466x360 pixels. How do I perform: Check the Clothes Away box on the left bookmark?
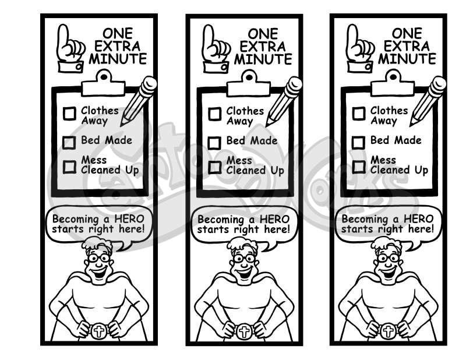point(69,114)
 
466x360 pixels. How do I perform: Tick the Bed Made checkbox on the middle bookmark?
point(214,143)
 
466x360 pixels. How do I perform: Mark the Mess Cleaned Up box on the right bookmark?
point(359,167)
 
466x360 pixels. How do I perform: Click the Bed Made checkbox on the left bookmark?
point(69,142)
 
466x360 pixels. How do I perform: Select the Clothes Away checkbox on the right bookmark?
point(359,114)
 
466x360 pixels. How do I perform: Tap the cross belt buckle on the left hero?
point(98,331)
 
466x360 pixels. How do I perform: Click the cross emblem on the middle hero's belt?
point(244,331)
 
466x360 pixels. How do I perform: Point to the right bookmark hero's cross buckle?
point(388,331)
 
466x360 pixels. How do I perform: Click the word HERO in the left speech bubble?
point(129,219)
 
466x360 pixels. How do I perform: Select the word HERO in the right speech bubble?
point(419,219)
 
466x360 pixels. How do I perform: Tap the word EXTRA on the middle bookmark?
point(263,47)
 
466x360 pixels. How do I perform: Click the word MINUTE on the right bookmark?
point(407,59)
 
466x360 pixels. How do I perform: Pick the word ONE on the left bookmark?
point(118,33)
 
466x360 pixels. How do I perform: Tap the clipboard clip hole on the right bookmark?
point(393,77)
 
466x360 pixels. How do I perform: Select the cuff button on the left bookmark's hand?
point(79,67)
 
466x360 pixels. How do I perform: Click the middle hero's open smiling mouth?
point(245,272)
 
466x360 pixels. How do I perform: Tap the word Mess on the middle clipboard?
point(239,161)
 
